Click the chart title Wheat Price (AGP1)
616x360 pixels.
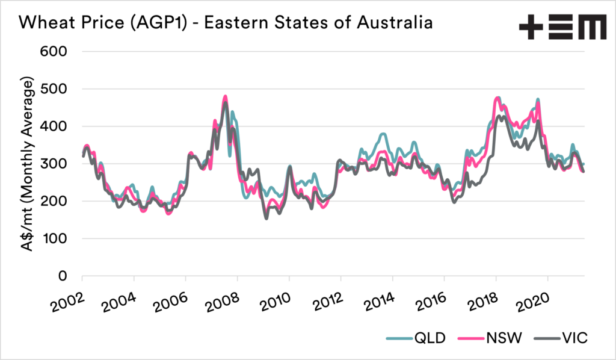click(x=226, y=23)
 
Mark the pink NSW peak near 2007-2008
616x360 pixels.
click(x=225, y=96)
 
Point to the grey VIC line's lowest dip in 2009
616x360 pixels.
click(x=266, y=218)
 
